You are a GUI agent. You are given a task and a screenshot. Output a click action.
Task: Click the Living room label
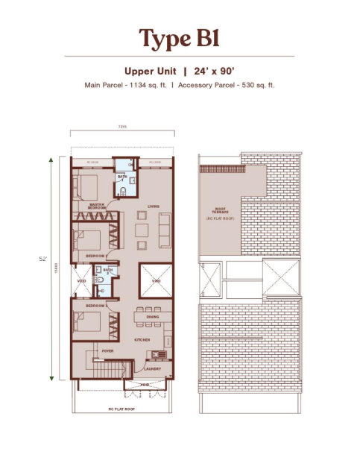tap(154, 207)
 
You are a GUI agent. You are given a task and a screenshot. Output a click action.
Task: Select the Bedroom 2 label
tap(95, 255)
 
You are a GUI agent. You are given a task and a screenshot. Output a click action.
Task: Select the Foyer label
tap(107, 350)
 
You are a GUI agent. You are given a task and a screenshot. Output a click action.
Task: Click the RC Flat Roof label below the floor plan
tap(119, 409)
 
